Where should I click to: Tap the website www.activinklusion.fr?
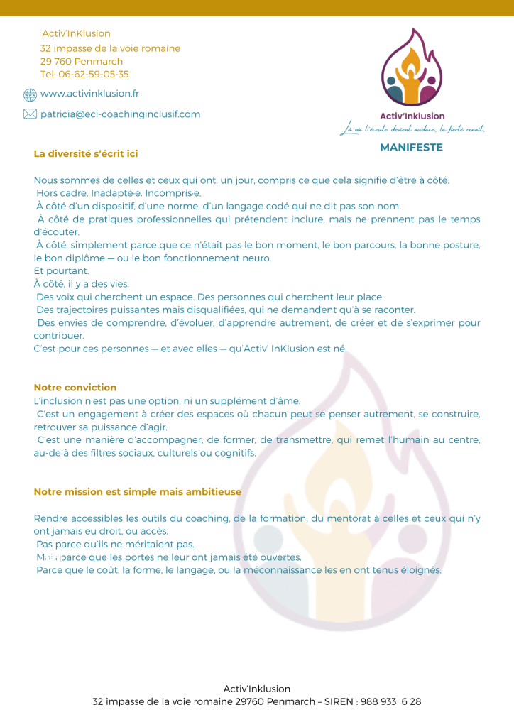(89, 94)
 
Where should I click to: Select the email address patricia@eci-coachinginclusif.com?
(120, 114)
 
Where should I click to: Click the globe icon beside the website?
(30, 94)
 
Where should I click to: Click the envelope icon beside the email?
(30, 114)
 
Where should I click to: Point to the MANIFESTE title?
(411, 148)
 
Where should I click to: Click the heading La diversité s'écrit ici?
(85, 153)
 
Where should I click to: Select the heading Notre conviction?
(75, 388)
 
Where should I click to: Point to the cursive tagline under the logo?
(412, 129)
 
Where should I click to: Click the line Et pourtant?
(62, 270)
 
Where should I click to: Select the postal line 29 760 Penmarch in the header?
(82, 61)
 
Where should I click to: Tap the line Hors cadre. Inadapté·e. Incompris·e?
(119, 193)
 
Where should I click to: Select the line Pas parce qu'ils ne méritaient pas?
(115, 544)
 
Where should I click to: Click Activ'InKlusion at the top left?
(77, 33)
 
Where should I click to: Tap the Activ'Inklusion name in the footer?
(257, 689)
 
